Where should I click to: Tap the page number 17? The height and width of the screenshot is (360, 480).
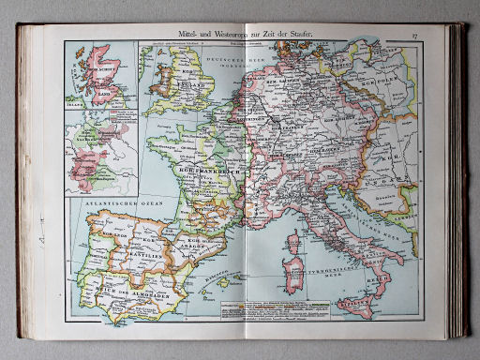click(x=413, y=35)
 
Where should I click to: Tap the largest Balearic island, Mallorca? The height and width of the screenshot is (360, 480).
click(x=228, y=278)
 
